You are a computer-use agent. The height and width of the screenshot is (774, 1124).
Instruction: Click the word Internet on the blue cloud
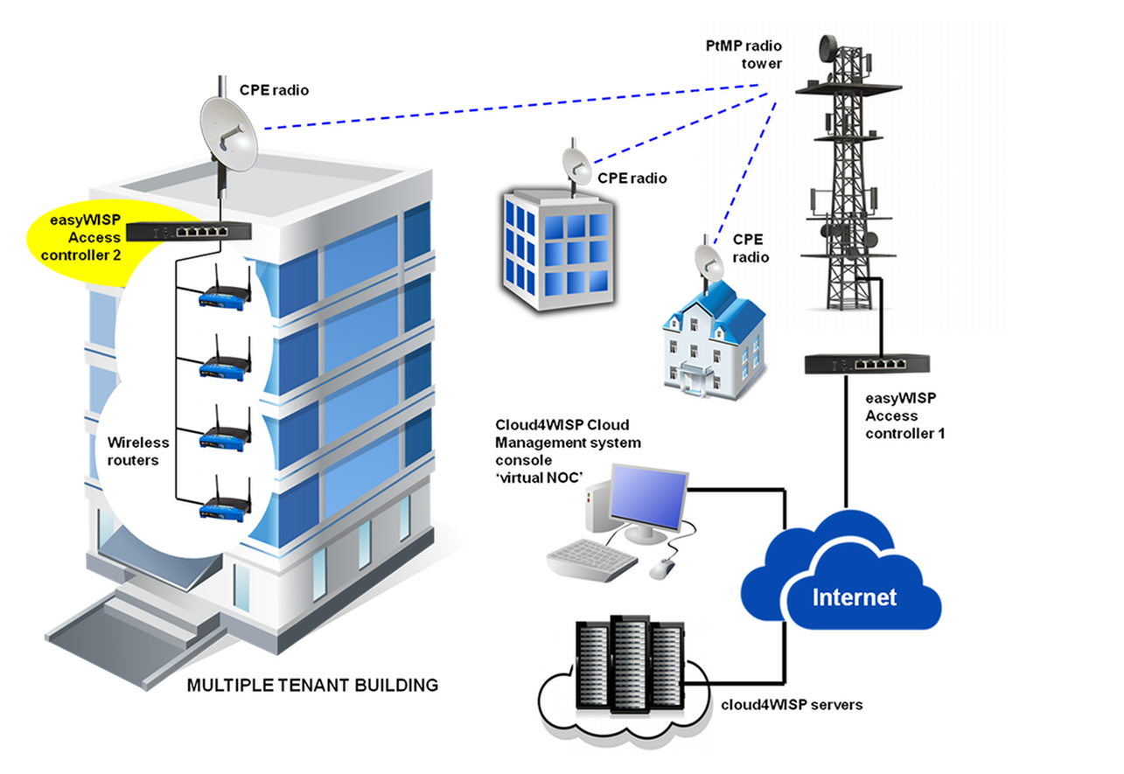[855, 597]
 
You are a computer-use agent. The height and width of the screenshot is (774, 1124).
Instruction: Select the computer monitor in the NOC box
[647, 499]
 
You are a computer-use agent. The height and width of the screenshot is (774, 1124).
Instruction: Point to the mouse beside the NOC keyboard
[662, 568]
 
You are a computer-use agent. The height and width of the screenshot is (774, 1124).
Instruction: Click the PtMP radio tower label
[745, 53]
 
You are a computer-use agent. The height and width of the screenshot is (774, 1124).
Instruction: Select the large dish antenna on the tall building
[229, 133]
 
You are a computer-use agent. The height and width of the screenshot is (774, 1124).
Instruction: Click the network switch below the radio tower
[869, 364]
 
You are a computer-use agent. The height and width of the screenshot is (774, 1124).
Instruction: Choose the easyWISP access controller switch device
[189, 232]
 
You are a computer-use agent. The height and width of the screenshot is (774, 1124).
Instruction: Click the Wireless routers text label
[132, 451]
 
